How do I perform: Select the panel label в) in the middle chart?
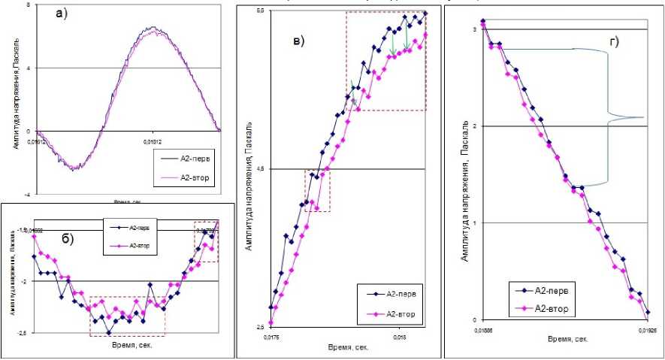point(298,41)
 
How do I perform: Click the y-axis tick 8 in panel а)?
point(27,5)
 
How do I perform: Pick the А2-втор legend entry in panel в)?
point(394,314)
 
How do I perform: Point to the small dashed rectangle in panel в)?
point(317,191)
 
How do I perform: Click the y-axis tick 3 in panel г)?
point(474,29)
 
